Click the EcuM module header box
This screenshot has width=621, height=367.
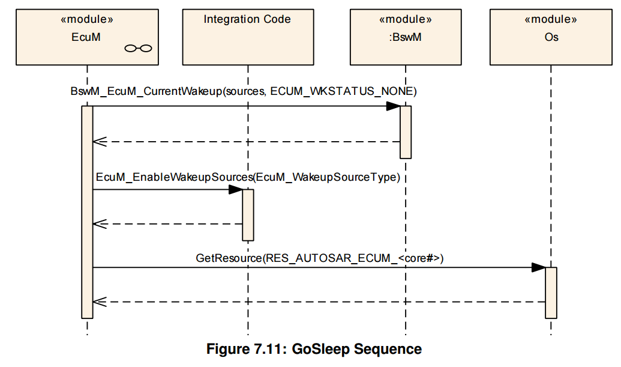tap(87, 37)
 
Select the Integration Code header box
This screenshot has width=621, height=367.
tap(248, 37)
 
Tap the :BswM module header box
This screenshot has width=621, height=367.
tap(406, 37)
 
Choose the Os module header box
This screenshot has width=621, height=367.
tap(551, 37)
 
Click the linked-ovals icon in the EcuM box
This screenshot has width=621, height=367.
tap(138, 48)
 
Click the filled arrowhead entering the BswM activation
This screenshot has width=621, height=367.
tap(393, 106)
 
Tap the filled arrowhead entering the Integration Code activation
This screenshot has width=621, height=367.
tap(236, 189)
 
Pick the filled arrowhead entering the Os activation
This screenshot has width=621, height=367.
tap(539, 267)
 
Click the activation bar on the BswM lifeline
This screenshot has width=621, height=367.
tap(406, 132)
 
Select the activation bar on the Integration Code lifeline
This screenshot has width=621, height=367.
tap(248, 215)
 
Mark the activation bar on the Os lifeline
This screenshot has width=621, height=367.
tap(551, 293)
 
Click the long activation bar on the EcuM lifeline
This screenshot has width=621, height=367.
tap(87, 212)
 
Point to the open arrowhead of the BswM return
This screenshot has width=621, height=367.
tap(100, 142)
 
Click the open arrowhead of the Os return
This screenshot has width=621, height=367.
tap(100, 302)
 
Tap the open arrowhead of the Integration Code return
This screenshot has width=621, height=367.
tap(100, 224)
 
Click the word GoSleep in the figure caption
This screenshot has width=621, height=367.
tap(321, 350)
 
